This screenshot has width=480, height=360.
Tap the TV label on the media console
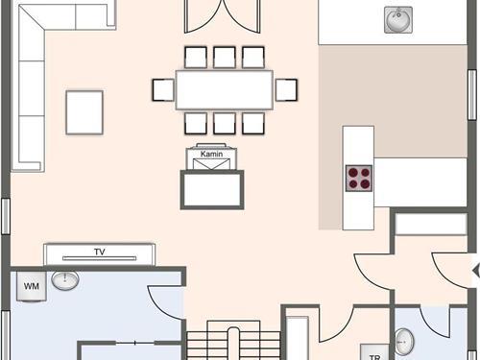click(99, 252)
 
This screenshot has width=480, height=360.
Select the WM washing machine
click(31, 286)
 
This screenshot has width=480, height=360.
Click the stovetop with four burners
click(359, 177)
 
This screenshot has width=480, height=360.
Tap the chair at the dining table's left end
click(162, 90)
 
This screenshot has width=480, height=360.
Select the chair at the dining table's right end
click(287, 90)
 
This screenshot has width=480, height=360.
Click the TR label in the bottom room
click(374, 354)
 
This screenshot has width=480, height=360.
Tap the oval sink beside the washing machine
click(65, 281)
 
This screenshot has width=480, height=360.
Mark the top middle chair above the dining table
click(226, 57)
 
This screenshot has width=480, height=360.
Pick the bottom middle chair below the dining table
click(226, 123)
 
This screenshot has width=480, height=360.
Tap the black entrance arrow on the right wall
click(475, 270)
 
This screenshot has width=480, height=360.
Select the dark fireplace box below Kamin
click(211, 188)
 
